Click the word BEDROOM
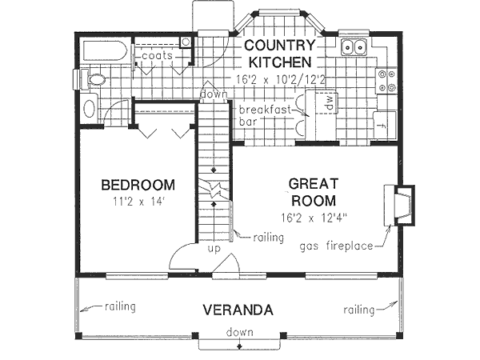point(138,186)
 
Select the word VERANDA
point(238,310)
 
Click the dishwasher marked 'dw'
point(327,102)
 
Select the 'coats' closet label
point(158,55)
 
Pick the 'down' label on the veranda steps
point(240,332)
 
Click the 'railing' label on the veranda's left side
point(118,306)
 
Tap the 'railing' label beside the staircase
point(268,237)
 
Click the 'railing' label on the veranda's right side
point(360,308)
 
